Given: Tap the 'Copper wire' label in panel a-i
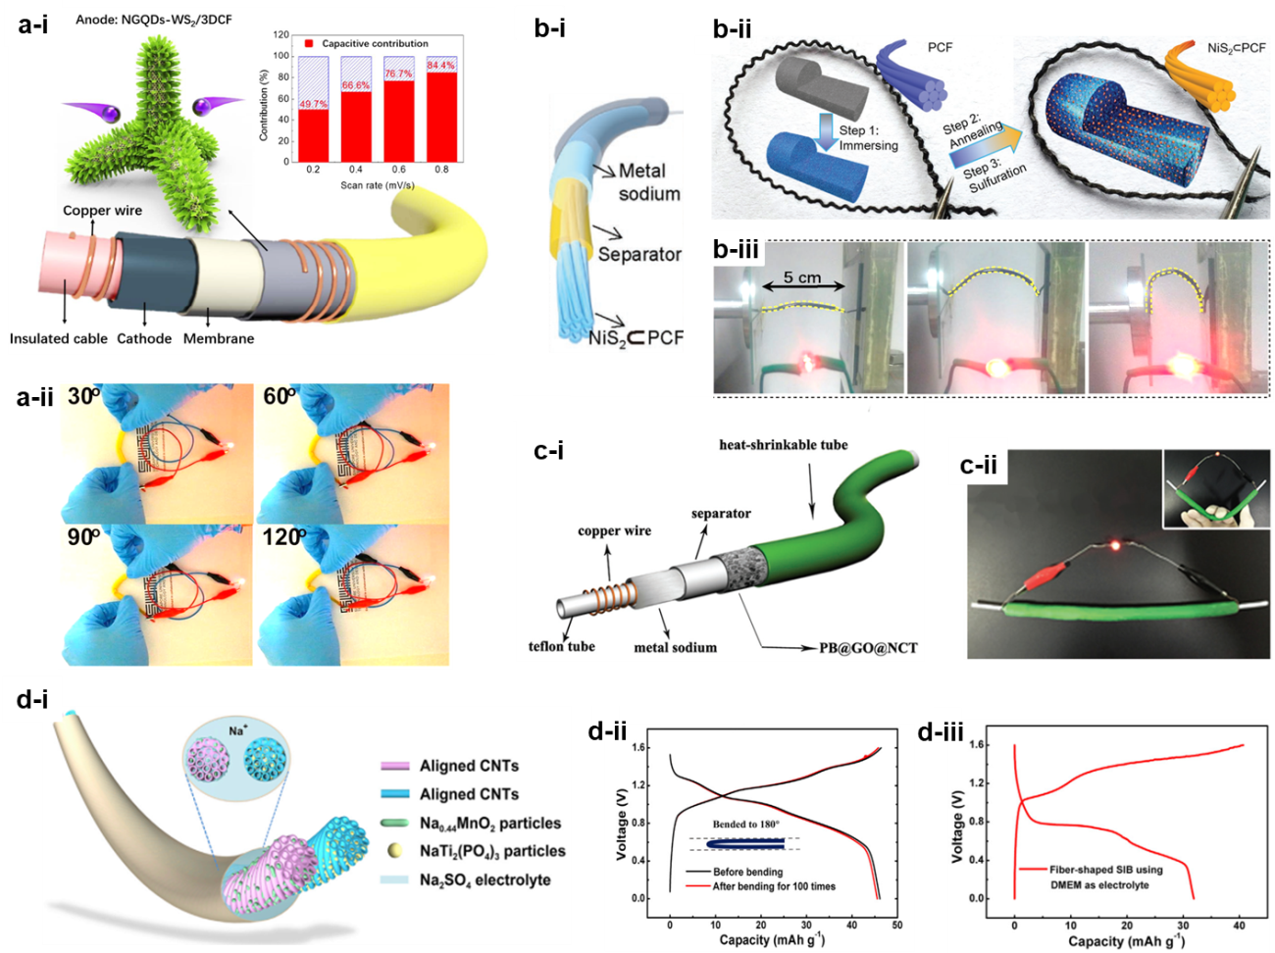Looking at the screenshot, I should pyautogui.click(x=102, y=210).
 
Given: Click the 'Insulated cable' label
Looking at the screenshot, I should pyautogui.click(x=59, y=338).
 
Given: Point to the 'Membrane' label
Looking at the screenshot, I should pyautogui.click(x=219, y=338).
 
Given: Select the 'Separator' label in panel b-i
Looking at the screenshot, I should pyautogui.click(x=638, y=254).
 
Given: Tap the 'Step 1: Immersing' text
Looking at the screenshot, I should pyautogui.click(x=867, y=137).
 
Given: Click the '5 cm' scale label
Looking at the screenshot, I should pyautogui.click(x=802, y=277).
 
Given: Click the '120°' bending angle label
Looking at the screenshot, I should pyautogui.click(x=284, y=537).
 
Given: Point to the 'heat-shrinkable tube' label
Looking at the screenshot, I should pyautogui.click(x=783, y=445).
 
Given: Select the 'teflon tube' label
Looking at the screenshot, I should pyautogui.click(x=561, y=646).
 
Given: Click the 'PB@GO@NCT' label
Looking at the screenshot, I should pyautogui.click(x=868, y=648).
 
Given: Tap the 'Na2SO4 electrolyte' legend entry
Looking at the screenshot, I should pyautogui.click(x=484, y=879).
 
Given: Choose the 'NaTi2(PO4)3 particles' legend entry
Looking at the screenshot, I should pyautogui.click(x=492, y=851).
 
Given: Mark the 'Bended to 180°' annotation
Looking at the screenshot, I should pyautogui.click(x=747, y=824).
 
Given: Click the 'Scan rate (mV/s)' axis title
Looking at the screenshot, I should pyautogui.click(x=378, y=184).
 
